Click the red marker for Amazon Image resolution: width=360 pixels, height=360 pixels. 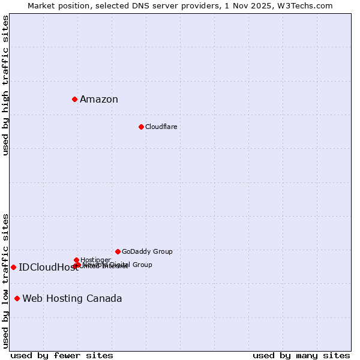74,99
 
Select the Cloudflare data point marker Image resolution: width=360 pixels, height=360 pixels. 141,127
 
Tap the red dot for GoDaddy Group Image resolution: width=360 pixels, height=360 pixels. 118,251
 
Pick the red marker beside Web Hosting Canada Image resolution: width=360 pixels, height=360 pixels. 17,298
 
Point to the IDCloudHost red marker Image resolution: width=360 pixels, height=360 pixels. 13,267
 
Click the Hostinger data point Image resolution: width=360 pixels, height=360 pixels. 76,260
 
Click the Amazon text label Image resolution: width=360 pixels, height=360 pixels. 99,100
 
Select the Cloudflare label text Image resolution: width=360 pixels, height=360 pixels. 161,127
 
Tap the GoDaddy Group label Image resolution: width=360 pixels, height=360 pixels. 147,252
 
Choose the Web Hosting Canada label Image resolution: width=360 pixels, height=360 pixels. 72,299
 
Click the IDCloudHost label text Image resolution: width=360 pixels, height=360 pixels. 48,268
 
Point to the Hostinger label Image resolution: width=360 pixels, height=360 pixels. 95,260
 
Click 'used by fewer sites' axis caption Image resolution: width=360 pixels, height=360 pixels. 62,356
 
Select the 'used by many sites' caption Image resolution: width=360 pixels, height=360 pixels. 301,356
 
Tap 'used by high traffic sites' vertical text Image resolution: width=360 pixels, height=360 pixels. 6,85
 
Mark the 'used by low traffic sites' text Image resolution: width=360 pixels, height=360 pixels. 6,281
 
